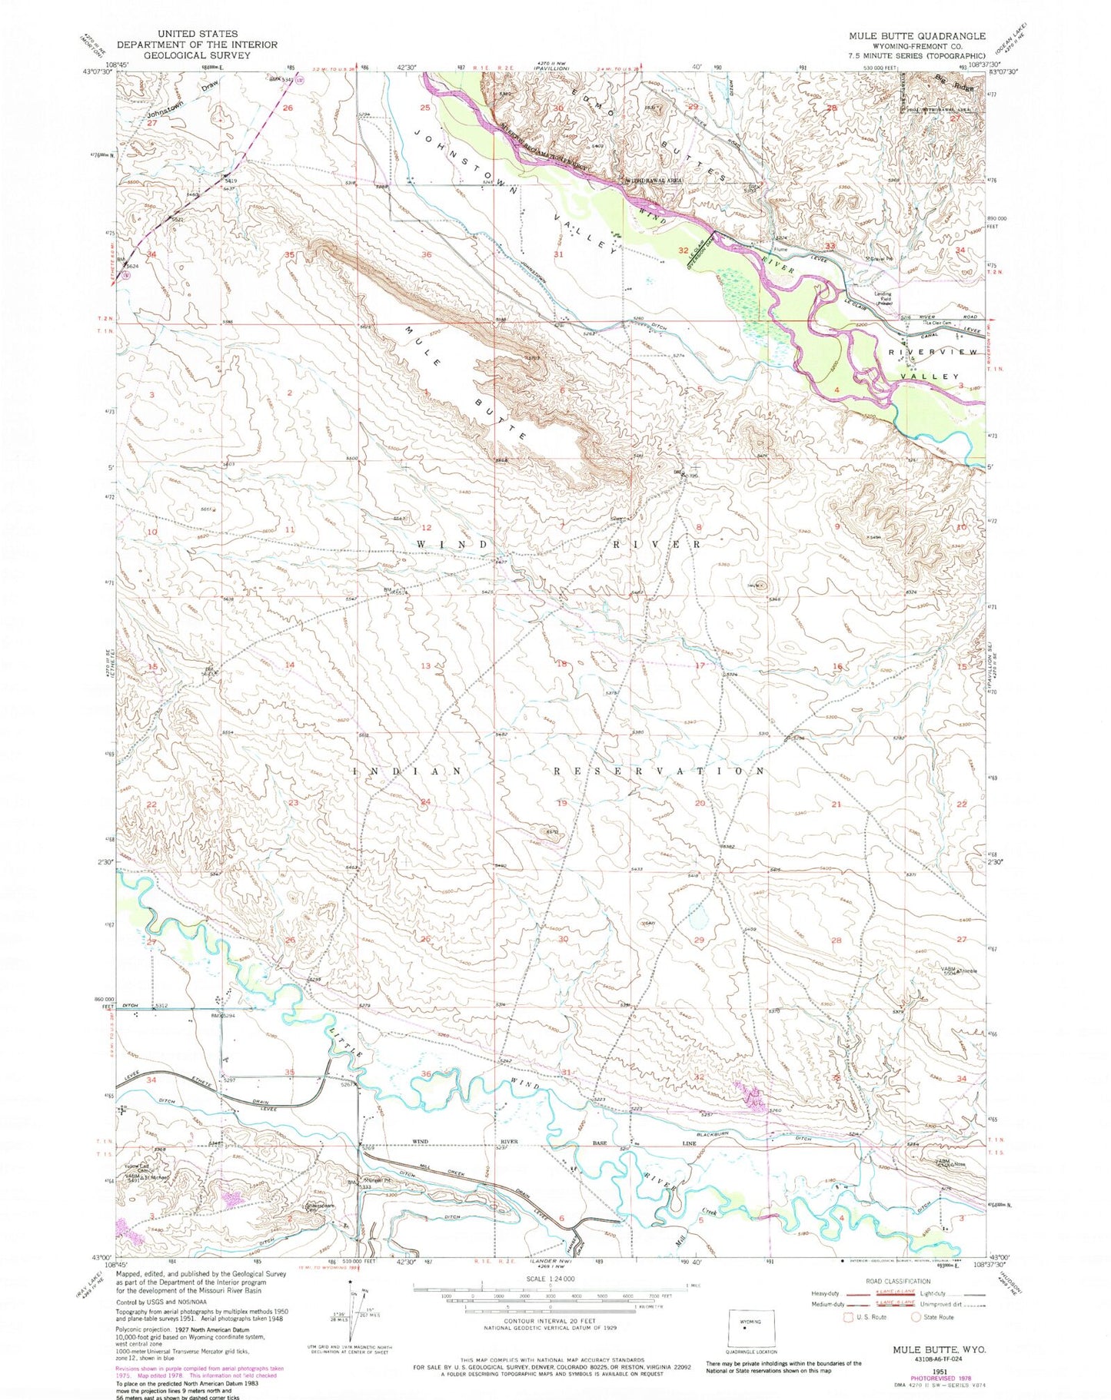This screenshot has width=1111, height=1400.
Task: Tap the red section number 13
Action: click(x=425, y=665)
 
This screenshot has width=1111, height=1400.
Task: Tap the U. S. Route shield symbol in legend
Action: click(x=849, y=1317)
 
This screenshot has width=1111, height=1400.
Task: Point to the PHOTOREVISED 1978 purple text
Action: click(x=942, y=1372)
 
